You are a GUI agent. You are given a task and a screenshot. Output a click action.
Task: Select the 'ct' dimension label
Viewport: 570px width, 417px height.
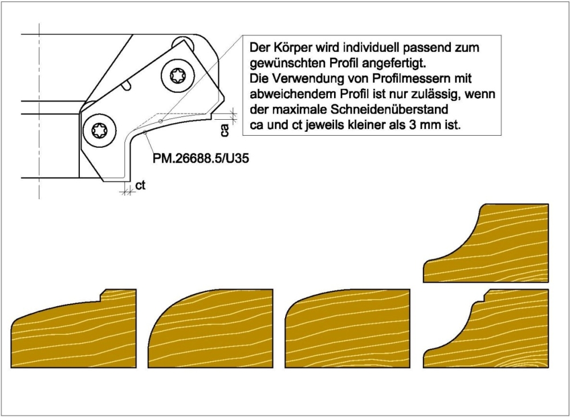point(140,185)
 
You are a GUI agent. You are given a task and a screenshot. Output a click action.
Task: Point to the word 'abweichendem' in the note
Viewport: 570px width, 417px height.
point(285,93)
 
